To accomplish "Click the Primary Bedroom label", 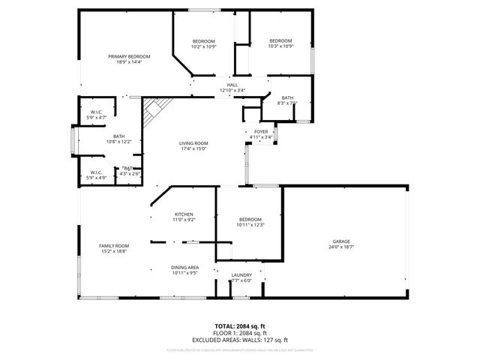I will pos(129,57).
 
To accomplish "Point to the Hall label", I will pos(232,85).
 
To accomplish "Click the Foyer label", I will pos(260,131).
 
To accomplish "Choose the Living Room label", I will pos(193,143).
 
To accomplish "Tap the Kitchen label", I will pos(184,214).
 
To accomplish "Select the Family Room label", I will pos(115,245).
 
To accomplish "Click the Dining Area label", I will pos(184,268).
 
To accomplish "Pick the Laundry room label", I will pos(241,275).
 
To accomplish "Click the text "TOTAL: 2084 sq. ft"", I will pos(240,325).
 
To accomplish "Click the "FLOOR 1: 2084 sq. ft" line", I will pos(240,332).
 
